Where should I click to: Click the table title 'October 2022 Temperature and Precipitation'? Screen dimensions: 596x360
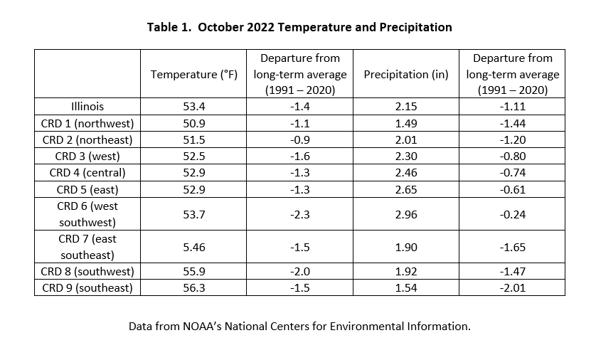point(325,27)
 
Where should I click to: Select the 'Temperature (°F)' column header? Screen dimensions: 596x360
point(194,74)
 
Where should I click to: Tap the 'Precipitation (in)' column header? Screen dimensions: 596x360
point(406,74)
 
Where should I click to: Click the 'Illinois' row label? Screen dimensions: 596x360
point(87,107)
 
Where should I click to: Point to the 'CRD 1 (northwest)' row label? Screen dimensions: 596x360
point(87,124)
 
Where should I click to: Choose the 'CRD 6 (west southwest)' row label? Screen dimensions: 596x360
point(87,214)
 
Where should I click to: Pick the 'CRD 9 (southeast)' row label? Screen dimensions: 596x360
point(87,287)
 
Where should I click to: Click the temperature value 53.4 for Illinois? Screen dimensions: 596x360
point(194,107)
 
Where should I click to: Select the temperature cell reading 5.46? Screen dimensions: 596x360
point(194,247)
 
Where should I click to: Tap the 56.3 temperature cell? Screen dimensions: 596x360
point(194,287)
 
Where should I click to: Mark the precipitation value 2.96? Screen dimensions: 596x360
point(406,214)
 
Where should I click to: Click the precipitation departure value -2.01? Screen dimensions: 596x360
point(512,287)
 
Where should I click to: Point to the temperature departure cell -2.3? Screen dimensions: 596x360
point(300,214)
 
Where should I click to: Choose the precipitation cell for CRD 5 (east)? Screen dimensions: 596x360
point(406,189)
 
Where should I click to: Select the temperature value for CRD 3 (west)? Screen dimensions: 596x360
point(194,157)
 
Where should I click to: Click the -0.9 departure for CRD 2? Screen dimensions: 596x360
point(300,140)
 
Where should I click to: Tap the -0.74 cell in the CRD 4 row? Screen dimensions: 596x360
point(512,173)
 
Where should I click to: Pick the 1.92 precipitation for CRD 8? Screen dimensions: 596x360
point(406,272)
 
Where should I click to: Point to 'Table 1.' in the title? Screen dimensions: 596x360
point(169,27)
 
